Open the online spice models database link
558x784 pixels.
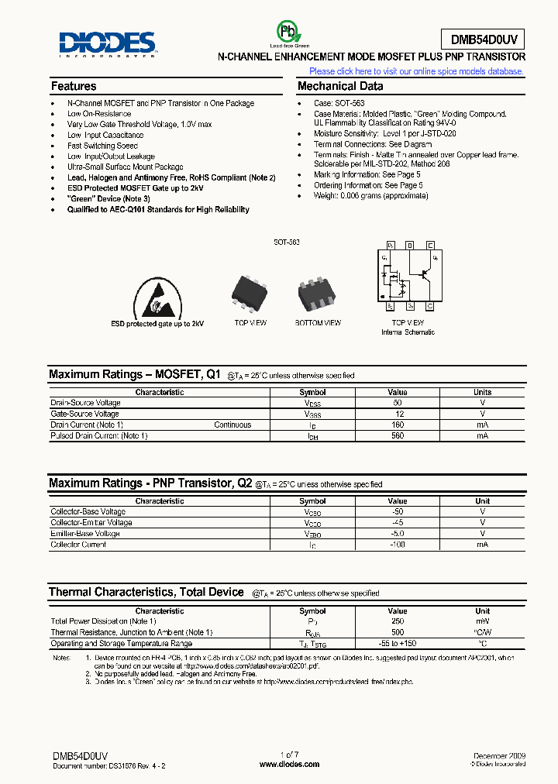coord(416,71)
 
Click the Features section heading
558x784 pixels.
coord(74,86)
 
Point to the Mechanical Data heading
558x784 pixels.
coord(340,86)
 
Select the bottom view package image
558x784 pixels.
coord(319,293)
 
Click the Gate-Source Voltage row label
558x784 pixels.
coord(85,414)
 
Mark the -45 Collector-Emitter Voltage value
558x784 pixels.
coord(398,523)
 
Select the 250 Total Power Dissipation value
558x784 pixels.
coord(398,621)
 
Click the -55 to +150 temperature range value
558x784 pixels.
coord(398,644)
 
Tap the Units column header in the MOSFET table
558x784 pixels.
coord(482,392)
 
